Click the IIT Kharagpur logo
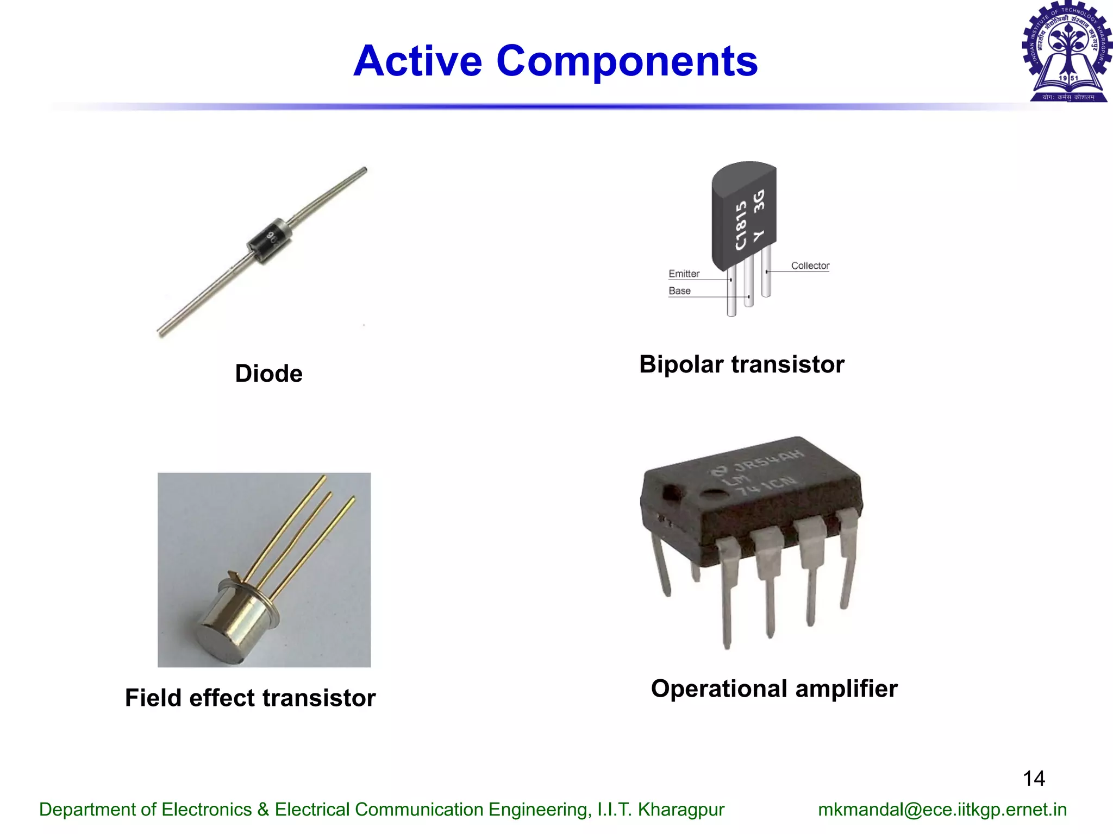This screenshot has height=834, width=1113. pos(1067,52)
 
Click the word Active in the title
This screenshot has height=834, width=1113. pos(417,61)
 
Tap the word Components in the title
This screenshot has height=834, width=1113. pos(627,61)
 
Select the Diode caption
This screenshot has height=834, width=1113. pos(268,374)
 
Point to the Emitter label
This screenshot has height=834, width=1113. pos(684,274)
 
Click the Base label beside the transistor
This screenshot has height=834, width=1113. pos(679,290)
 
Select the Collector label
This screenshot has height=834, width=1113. pos(810,266)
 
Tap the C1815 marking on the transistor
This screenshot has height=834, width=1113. pos(741,225)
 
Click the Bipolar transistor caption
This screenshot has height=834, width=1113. pos(741,364)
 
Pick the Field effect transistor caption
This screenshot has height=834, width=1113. pos(250,698)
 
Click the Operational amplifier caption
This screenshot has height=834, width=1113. pos(774,688)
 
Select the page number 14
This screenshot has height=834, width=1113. pos(1034,779)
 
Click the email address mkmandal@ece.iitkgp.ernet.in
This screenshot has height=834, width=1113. pos(942,810)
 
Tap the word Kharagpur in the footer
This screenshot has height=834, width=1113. pos(681,810)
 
